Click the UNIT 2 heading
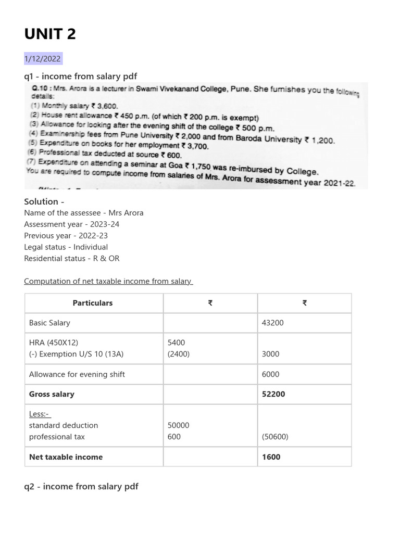click(50, 34)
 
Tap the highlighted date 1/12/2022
click(43, 59)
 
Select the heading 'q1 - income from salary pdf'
click(80, 77)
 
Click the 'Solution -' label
click(44, 201)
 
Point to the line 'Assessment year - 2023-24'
click(76, 224)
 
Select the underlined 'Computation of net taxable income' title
click(108, 282)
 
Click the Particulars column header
click(93, 303)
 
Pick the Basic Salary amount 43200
click(273, 323)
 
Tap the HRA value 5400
click(176, 342)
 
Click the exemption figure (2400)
click(178, 354)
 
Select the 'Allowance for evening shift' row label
click(77, 374)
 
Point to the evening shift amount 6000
click(271, 374)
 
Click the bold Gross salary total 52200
click(273, 394)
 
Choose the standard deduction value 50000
click(178, 425)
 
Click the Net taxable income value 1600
click(271, 457)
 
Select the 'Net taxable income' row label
click(66, 457)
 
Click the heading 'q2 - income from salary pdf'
click(81, 487)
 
